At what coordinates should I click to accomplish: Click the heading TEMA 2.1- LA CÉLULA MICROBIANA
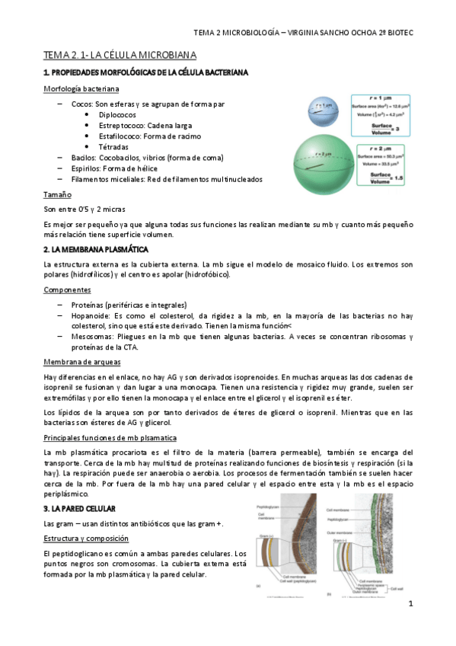[x=120, y=56]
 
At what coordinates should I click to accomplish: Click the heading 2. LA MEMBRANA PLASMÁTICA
[x=96, y=249]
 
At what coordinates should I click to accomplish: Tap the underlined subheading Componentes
[x=68, y=290]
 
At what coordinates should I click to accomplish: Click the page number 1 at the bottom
[x=410, y=604]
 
